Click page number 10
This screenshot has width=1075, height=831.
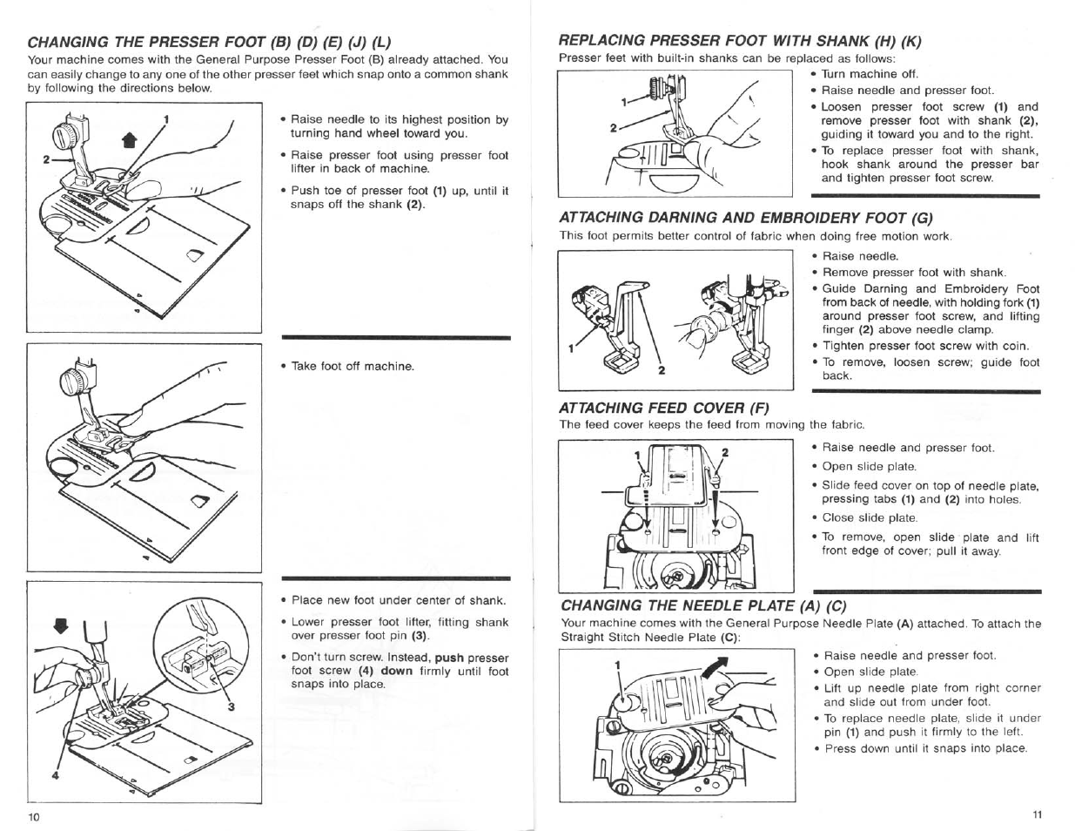pyautogui.click(x=34, y=816)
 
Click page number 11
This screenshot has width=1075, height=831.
pyautogui.click(x=1036, y=815)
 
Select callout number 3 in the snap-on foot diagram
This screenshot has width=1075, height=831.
pyautogui.click(x=232, y=706)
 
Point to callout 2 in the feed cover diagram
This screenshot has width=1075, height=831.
pyautogui.click(x=723, y=453)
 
